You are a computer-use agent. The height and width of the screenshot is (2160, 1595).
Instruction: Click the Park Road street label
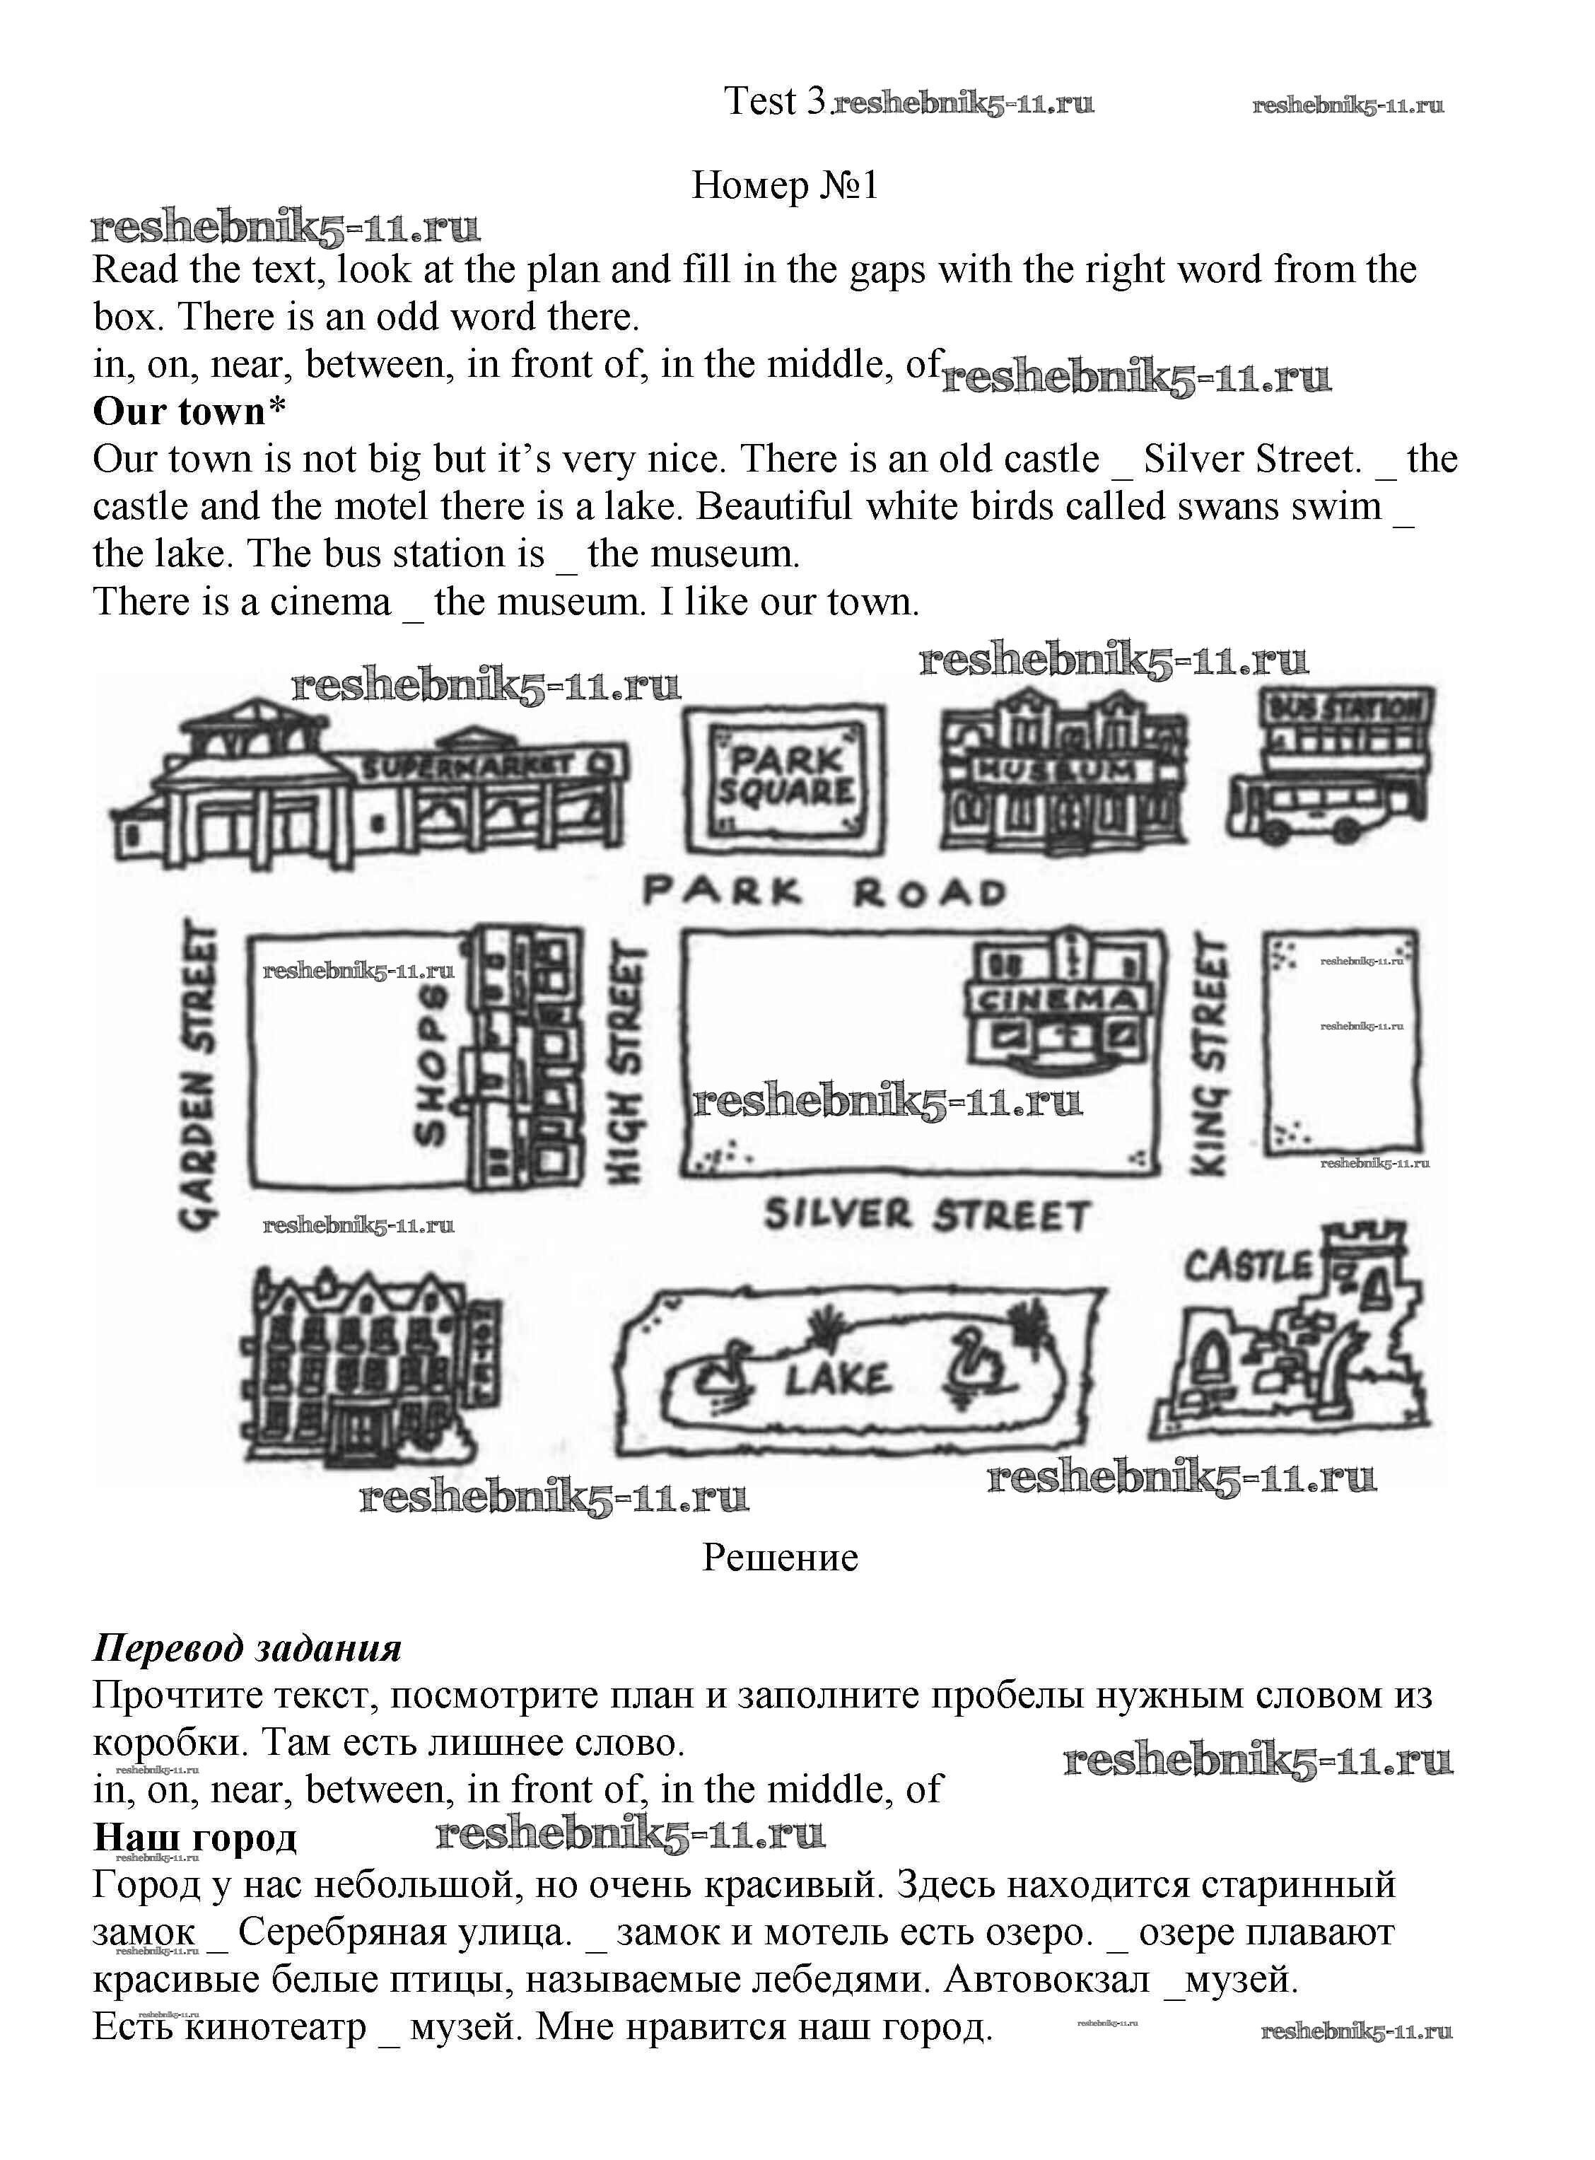(826, 892)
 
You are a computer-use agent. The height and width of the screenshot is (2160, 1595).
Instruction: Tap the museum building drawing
(1062, 773)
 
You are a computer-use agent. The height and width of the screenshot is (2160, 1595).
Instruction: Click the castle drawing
(1294, 1342)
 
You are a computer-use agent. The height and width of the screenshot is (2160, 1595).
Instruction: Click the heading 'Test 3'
(776, 100)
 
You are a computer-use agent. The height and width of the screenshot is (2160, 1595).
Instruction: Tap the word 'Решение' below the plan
(780, 1556)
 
